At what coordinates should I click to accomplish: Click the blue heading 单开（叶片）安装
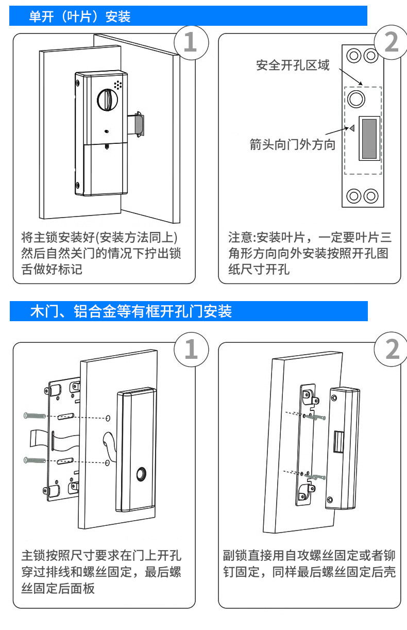click(x=80, y=16)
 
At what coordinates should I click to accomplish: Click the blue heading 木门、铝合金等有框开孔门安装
click(x=131, y=311)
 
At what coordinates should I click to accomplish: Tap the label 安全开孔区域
click(x=293, y=65)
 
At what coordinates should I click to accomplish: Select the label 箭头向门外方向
click(x=292, y=144)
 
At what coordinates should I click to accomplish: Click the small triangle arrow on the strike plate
click(x=352, y=128)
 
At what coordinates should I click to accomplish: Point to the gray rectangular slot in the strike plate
click(x=369, y=139)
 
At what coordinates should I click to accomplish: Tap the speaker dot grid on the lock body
click(x=118, y=85)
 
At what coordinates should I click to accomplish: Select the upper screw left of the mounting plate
click(x=35, y=416)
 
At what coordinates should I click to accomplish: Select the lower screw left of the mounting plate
click(x=35, y=460)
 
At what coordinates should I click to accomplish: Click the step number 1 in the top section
click(x=191, y=42)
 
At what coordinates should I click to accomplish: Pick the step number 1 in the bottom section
click(x=191, y=350)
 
